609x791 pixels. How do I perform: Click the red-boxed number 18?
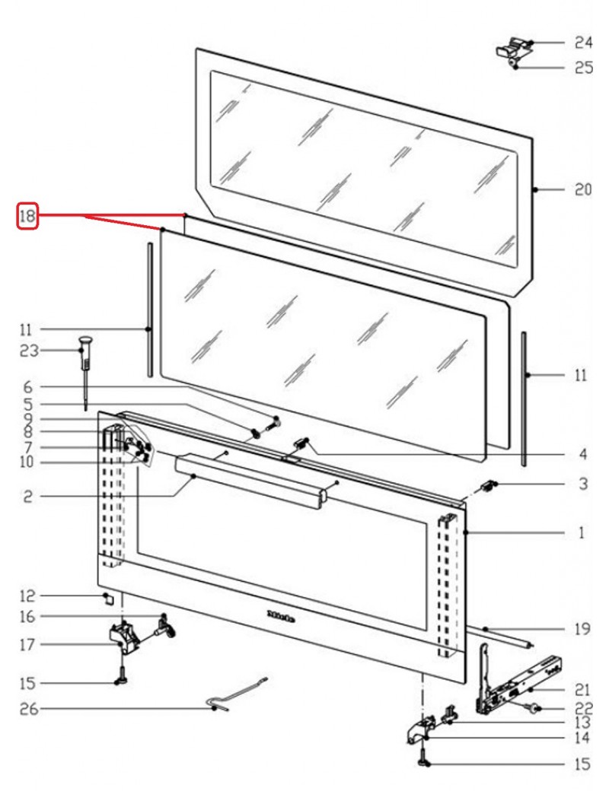point(27,216)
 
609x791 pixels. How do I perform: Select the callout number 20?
point(582,191)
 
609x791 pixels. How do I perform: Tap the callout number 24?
point(582,42)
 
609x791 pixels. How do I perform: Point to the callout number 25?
point(582,68)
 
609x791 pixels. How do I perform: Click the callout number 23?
point(27,351)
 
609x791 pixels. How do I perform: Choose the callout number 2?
point(27,497)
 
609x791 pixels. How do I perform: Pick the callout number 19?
point(582,629)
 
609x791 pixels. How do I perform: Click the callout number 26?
point(27,710)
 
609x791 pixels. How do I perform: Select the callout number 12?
point(27,596)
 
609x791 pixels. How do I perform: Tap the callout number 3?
point(582,484)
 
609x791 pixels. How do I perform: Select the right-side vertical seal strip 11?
point(524,397)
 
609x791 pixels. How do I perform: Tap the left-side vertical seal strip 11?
point(150,310)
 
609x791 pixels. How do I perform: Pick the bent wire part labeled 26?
point(236,694)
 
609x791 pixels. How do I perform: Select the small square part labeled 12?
point(109,598)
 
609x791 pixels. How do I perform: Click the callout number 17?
point(27,645)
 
